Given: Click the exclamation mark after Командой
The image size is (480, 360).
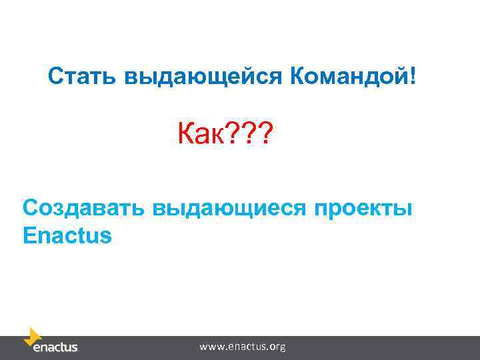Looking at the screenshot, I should pos(417,76).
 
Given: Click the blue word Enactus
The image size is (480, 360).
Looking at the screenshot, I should pos(67,236).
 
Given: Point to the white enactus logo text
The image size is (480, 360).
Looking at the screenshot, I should pos(55,347).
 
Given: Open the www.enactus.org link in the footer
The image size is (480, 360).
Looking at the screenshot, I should pos(243,347).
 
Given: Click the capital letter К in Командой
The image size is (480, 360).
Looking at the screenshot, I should pos(297,76).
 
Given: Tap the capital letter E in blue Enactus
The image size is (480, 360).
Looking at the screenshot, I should pos(29,236).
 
